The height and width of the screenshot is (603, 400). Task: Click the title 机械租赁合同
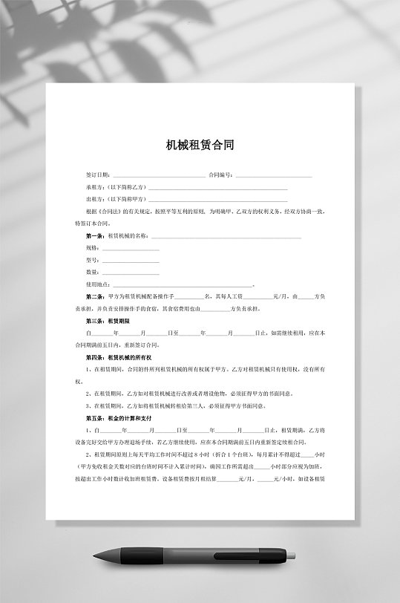click(x=200, y=146)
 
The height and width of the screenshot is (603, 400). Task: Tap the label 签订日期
click(x=99, y=175)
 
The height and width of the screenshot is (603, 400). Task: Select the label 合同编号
click(x=221, y=175)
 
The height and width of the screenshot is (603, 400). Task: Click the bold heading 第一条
click(x=96, y=235)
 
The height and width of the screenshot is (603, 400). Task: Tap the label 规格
click(x=93, y=247)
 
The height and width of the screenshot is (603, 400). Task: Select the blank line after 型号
click(x=131, y=261)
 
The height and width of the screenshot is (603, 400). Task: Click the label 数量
click(x=93, y=272)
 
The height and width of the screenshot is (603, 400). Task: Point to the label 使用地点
click(x=98, y=284)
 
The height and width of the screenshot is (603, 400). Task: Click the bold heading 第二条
click(x=96, y=296)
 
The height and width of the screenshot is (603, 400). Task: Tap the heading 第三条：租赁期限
click(x=108, y=321)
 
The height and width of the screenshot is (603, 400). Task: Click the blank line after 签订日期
click(x=159, y=176)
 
